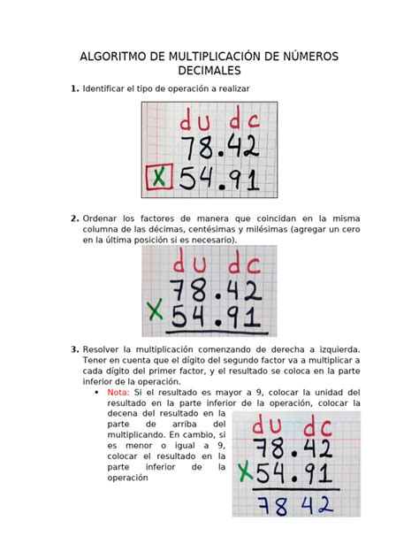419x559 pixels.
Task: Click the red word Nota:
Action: click(118, 391)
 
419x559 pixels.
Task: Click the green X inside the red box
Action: click(159, 180)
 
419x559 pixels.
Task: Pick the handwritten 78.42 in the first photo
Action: click(218, 146)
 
